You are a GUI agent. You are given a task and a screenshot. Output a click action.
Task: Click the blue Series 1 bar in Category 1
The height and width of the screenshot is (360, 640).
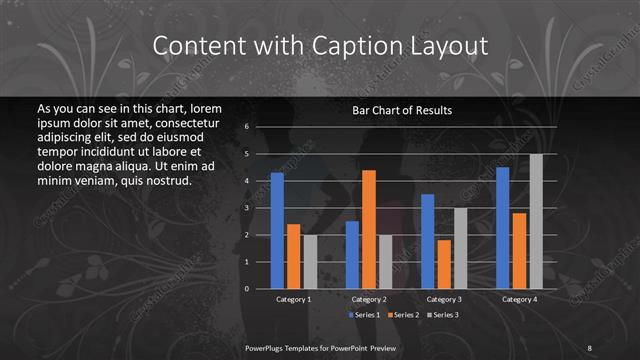(x=277, y=231)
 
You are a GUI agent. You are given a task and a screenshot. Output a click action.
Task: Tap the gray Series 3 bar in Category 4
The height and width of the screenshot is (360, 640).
(x=536, y=221)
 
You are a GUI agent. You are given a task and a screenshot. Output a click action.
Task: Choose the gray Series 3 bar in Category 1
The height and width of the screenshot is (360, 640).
(x=310, y=262)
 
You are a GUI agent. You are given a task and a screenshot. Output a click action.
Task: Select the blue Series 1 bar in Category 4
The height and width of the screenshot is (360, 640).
(x=502, y=228)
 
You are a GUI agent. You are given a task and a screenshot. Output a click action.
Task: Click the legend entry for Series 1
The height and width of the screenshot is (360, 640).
(x=365, y=314)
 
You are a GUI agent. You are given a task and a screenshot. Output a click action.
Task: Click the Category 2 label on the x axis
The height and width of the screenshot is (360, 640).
(x=369, y=299)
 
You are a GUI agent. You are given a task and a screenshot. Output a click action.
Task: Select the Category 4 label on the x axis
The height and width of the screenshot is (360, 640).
(x=519, y=299)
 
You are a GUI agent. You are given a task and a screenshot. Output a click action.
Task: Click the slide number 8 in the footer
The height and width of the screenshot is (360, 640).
(x=590, y=346)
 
